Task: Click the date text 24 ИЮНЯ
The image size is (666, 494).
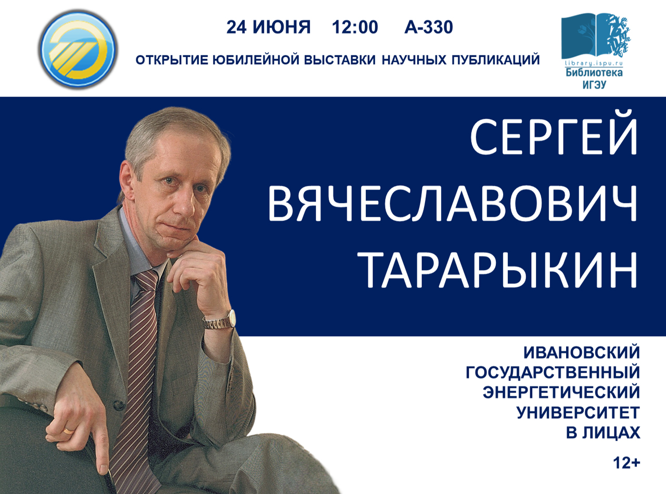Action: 268,28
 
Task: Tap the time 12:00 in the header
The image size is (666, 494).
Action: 355,28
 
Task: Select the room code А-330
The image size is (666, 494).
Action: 429,28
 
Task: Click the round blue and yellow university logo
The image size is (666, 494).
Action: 78,49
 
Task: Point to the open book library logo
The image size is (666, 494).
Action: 595,36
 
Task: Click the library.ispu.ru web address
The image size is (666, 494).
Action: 594,64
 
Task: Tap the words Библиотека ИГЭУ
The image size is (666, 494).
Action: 594,79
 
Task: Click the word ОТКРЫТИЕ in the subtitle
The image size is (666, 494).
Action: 172,60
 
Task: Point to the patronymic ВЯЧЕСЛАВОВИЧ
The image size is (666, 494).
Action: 452,203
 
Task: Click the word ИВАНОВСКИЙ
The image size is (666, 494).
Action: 582,352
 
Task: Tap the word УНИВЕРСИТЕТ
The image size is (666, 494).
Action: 578,413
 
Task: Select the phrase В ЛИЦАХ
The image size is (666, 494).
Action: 603,433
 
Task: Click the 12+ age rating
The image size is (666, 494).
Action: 626,463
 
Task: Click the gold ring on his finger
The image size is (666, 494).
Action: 69,431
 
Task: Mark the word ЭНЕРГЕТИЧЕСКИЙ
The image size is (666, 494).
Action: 561,392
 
